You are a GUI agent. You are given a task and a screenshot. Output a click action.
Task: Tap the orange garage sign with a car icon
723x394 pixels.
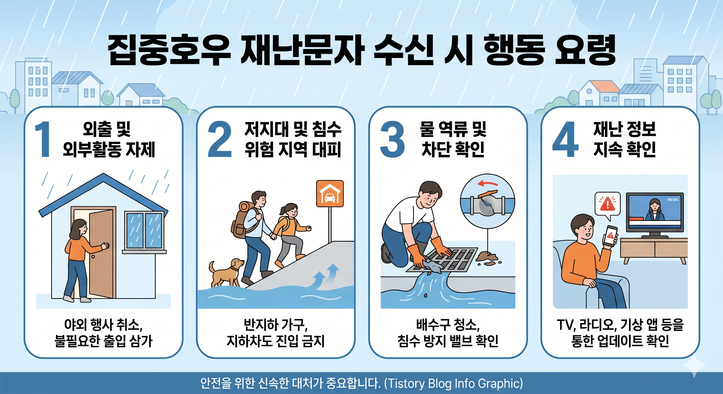coord(330,193)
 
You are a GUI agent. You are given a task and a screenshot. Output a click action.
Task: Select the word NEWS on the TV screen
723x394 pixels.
coord(673,200)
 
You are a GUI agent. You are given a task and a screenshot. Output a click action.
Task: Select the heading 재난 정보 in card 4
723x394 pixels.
coord(624,129)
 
